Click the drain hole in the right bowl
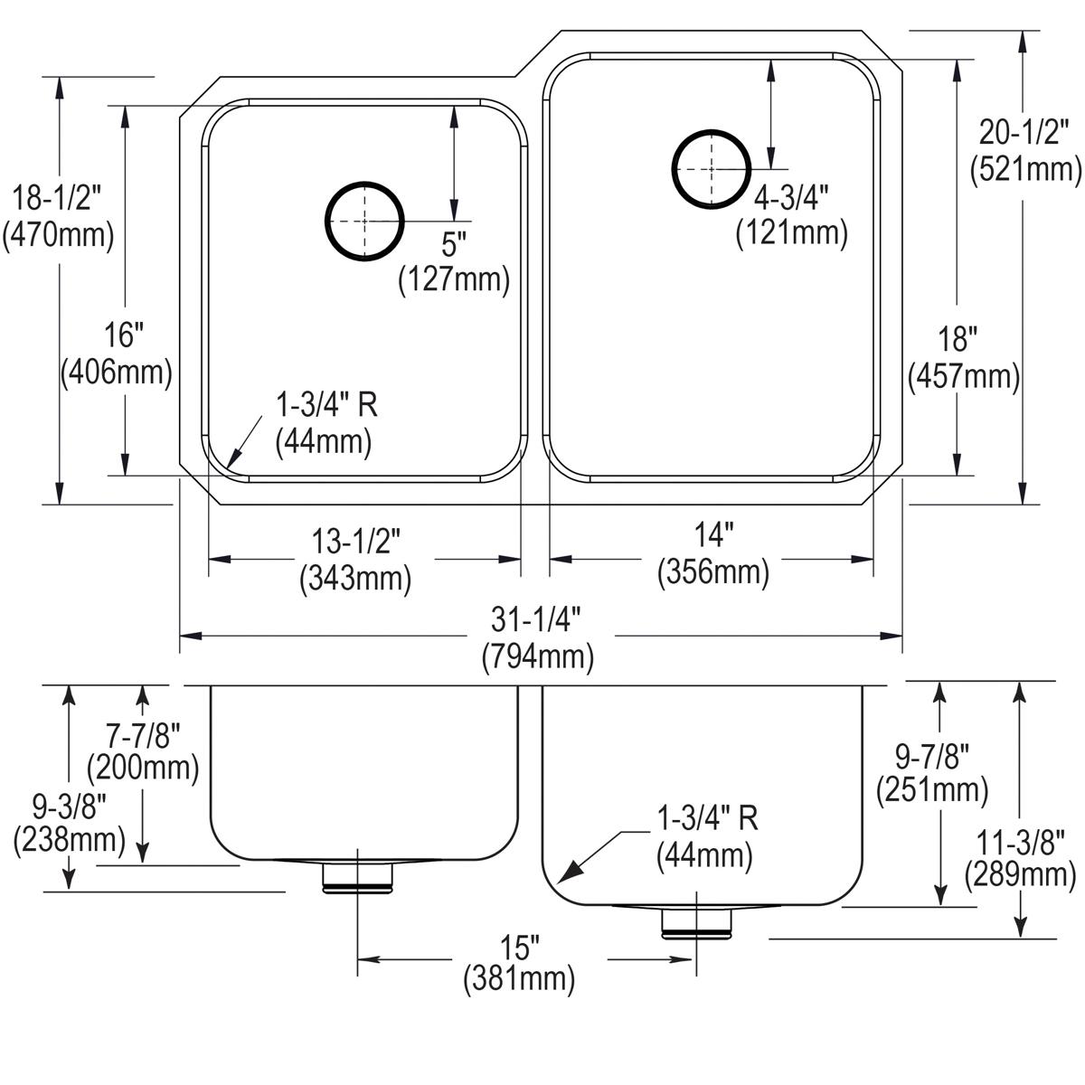[712, 169]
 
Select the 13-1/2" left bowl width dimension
[355, 542]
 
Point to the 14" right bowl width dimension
[713, 536]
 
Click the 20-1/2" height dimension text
[1024, 134]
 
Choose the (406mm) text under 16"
[116, 372]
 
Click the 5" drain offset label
[455, 244]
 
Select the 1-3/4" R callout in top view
[325, 404]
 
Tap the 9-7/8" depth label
[931, 753]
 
